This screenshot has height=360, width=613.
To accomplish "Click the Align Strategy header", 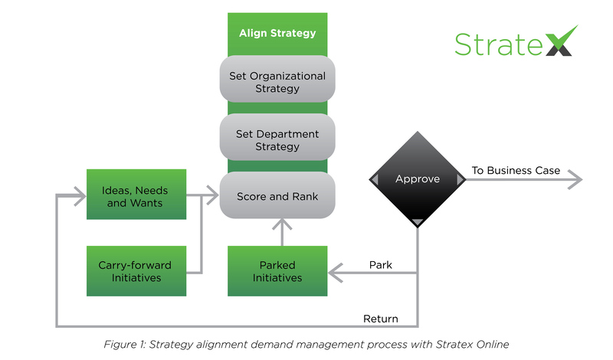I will tap(277, 33).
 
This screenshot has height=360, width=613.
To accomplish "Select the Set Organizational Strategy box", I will tap(277, 82).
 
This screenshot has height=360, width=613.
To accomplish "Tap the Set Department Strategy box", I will tap(277, 140).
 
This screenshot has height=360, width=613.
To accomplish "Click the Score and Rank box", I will tap(277, 196).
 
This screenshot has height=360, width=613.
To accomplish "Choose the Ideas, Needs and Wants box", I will tap(136, 197).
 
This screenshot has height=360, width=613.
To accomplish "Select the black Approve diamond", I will tap(418, 179).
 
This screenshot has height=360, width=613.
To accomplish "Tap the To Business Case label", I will tap(515, 170).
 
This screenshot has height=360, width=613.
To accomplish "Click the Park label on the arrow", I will tap(381, 265).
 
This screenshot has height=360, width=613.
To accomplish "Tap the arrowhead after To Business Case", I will tap(575, 181).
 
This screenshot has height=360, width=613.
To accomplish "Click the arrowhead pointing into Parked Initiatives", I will tap(334, 272).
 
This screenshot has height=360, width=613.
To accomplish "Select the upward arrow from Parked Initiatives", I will tap(282, 230).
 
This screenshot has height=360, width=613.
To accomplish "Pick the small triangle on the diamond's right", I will tap(461, 179).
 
